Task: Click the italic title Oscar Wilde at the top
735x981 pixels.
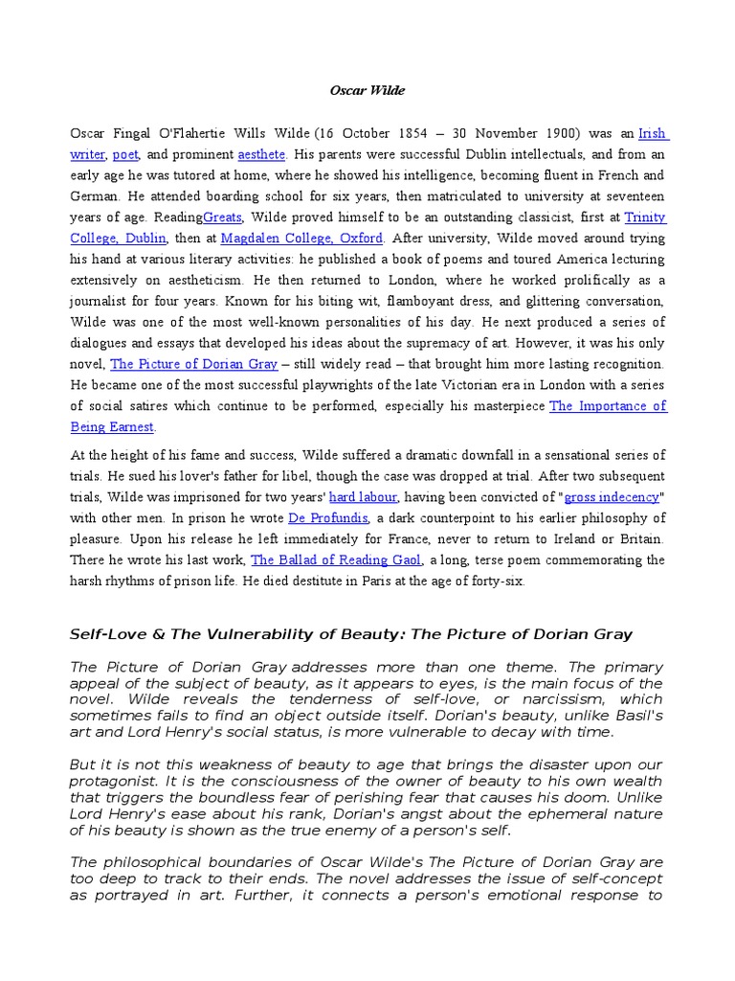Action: pos(367,91)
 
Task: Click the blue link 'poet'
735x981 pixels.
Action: pos(125,154)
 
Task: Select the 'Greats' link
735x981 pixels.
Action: pos(222,217)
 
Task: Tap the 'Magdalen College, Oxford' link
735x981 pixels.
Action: pos(302,239)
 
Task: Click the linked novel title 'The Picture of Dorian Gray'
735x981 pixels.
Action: pos(194,364)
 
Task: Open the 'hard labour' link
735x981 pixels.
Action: pos(363,497)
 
